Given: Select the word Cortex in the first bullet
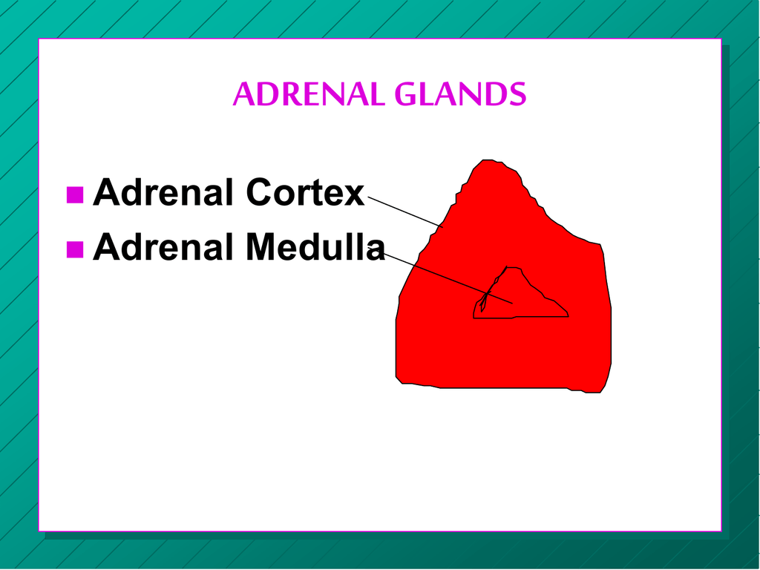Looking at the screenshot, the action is pyautogui.click(x=305, y=192).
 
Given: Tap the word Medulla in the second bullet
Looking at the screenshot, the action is pyautogui.click(x=315, y=246).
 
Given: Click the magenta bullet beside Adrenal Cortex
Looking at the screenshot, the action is pyautogui.click(x=75, y=195).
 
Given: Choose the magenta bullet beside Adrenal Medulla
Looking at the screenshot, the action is pyautogui.click(x=75, y=249).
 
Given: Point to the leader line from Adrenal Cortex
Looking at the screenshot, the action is pyautogui.click(x=406, y=212).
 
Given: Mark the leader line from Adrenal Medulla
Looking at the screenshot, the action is pyautogui.click(x=440, y=275).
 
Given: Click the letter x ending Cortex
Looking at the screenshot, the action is pyautogui.click(x=355, y=196).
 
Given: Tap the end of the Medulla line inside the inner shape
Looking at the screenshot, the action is pyautogui.click(x=512, y=304).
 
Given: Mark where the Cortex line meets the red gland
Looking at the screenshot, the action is pyautogui.click(x=443, y=227).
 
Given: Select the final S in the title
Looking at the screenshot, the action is pyautogui.click(x=517, y=94).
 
